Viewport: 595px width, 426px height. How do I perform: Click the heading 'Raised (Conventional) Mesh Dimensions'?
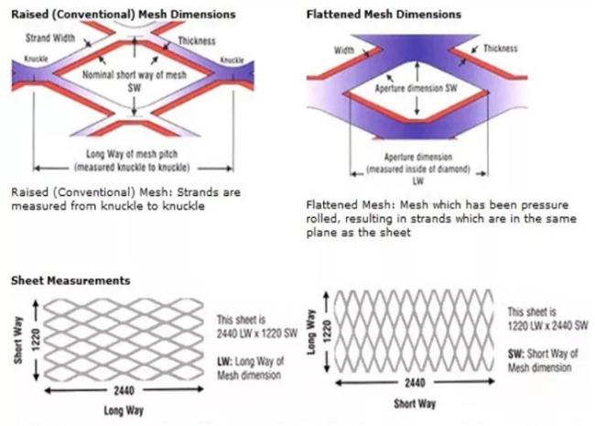click(x=124, y=15)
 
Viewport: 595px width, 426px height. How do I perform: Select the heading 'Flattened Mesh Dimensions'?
click(x=384, y=15)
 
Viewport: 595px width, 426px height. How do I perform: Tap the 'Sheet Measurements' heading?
click(x=70, y=280)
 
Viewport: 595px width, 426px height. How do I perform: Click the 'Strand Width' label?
click(x=50, y=38)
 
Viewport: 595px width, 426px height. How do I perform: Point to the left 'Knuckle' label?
click(x=36, y=59)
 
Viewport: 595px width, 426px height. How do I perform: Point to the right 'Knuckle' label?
click(x=232, y=60)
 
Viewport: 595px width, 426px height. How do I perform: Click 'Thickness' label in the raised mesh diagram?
click(x=197, y=41)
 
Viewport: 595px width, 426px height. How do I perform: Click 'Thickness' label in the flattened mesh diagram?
click(x=500, y=49)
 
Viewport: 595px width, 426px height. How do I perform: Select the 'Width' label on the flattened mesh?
click(x=344, y=50)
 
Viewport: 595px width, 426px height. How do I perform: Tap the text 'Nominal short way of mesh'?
click(x=135, y=75)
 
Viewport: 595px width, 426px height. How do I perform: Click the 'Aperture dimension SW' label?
click(x=416, y=89)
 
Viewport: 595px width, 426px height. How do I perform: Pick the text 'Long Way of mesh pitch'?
click(x=132, y=154)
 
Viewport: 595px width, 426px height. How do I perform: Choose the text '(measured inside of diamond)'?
click(x=417, y=169)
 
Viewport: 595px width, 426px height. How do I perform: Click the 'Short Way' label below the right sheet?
click(x=415, y=404)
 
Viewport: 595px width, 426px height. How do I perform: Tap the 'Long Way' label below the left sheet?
click(x=124, y=410)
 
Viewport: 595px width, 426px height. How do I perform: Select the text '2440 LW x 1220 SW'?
click(x=257, y=333)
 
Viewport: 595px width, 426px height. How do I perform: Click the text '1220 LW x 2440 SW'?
click(x=548, y=325)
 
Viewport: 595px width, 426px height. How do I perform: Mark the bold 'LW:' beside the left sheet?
click(x=224, y=362)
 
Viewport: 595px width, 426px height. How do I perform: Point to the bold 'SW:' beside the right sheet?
click(x=515, y=354)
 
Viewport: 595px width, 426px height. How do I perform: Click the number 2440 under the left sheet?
click(x=124, y=390)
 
